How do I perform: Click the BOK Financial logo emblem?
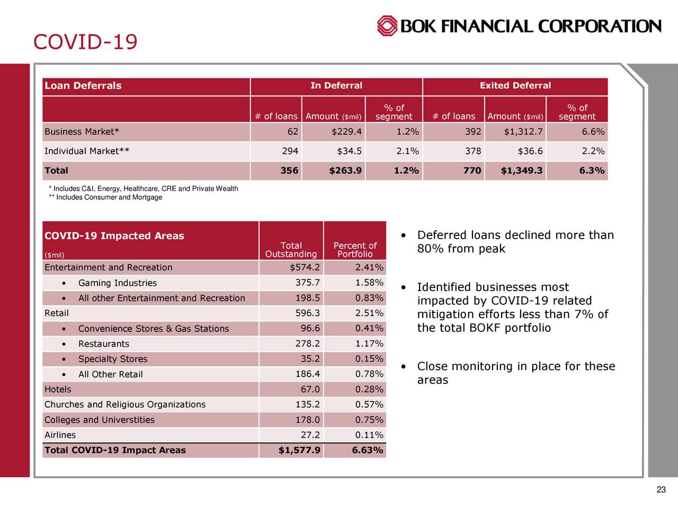tap(387, 26)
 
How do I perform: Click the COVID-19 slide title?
tap(85, 41)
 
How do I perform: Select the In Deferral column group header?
tap(336, 86)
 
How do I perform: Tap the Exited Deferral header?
tap(515, 86)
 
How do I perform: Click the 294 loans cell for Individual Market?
tap(290, 151)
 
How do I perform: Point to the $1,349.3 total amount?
tap(521, 171)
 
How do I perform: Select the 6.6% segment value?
tap(593, 132)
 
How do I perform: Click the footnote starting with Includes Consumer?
tap(105, 198)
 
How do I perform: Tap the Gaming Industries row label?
tap(117, 283)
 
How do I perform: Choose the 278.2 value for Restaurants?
tap(307, 344)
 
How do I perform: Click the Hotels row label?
tap(58, 390)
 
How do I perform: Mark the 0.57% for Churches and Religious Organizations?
tap(369, 405)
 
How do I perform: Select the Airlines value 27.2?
tap(310, 435)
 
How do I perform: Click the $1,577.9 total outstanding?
tap(299, 451)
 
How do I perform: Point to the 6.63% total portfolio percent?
tap(367, 451)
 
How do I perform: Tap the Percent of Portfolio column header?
tap(355, 250)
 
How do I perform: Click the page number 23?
tap(661, 490)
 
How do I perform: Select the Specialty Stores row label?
tap(112, 359)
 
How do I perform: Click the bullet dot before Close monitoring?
tap(404, 366)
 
